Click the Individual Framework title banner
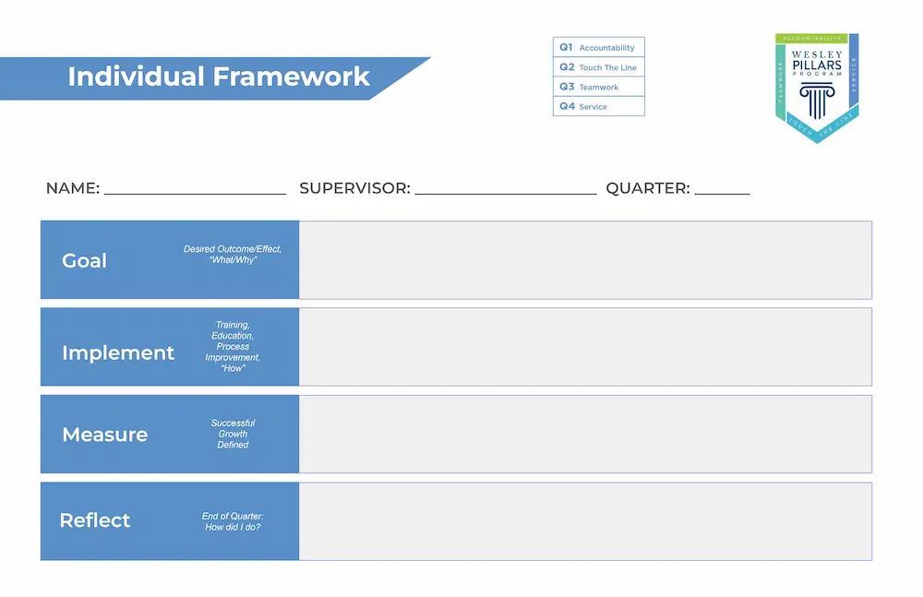(218, 77)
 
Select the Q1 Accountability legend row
(598, 47)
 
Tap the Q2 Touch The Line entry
(598, 67)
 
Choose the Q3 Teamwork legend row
(598, 87)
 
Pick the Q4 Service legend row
(598, 106)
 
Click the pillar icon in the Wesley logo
(817, 101)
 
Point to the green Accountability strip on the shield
(812, 39)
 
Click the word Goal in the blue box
(84, 261)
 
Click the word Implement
(118, 353)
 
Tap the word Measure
(104, 435)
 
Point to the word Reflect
(95, 520)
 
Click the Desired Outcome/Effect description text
(233, 255)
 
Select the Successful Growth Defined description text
(233, 434)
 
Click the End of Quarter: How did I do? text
(233, 521)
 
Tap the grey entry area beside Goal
(585, 260)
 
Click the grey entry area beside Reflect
(585, 521)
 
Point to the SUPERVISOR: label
(354, 188)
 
